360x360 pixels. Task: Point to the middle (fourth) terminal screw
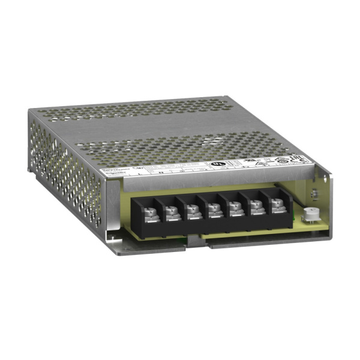[x=211, y=209]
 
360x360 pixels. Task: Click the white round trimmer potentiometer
[x=311, y=212]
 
